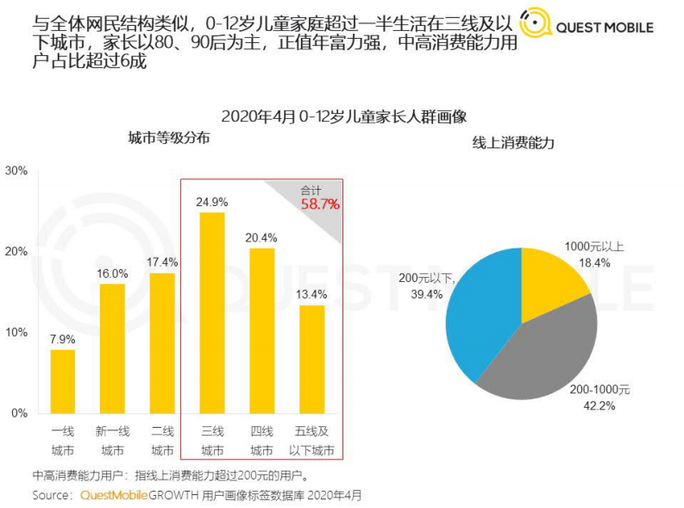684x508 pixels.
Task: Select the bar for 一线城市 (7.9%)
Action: click(x=62, y=380)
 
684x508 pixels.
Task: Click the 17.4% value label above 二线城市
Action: click(x=162, y=262)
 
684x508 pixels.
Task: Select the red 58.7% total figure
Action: click(x=320, y=204)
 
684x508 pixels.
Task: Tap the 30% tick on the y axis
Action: click(x=17, y=171)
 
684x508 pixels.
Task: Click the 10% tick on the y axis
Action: click(x=17, y=333)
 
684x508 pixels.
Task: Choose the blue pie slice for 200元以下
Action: click(x=480, y=310)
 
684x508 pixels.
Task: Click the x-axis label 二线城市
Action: click(x=162, y=441)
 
